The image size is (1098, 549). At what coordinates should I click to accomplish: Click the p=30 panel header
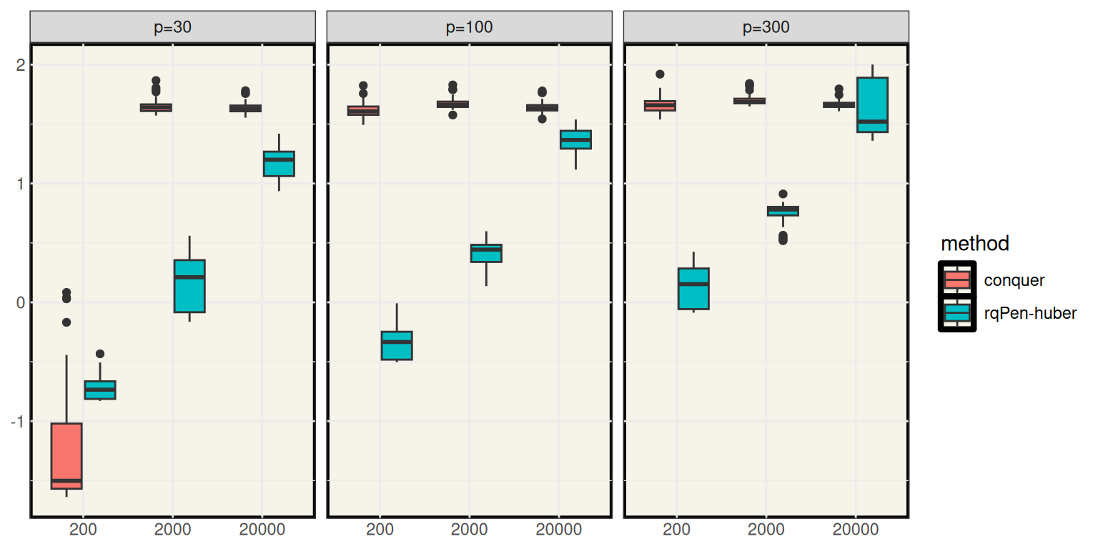[172, 28]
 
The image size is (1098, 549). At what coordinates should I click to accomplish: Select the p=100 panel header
[469, 28]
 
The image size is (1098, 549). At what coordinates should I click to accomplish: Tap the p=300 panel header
[766, 28]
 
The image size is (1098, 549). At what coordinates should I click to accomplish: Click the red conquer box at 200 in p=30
[66, 456]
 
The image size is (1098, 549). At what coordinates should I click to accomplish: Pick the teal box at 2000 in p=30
[189, 286]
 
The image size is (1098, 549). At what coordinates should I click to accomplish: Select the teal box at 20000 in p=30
[279, 164]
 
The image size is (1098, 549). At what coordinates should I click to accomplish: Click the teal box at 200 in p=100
[396, 345]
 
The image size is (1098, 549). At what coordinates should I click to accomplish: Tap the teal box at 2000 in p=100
[486, 253]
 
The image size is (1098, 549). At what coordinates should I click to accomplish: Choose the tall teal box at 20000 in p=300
[871, 104]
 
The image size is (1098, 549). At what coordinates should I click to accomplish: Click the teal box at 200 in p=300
[693, 289]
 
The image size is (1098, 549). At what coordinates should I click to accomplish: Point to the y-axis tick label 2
[20, 65]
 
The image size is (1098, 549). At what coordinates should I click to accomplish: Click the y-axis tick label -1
[17, 422]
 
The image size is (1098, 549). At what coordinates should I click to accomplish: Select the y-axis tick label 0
[20, 303]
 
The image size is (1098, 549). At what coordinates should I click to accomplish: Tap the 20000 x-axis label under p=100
[558, 530]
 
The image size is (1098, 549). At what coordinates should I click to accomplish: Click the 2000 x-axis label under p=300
[766, 530]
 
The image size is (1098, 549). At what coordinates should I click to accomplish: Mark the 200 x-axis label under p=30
[83, 530]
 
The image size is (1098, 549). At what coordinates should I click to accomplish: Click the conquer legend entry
[1014, 280]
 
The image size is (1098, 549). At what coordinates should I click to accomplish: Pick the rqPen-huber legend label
[1030, 313]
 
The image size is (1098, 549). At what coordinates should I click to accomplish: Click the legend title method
[974, 244]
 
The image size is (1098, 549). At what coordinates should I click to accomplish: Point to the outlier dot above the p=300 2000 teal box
[783, 194]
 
